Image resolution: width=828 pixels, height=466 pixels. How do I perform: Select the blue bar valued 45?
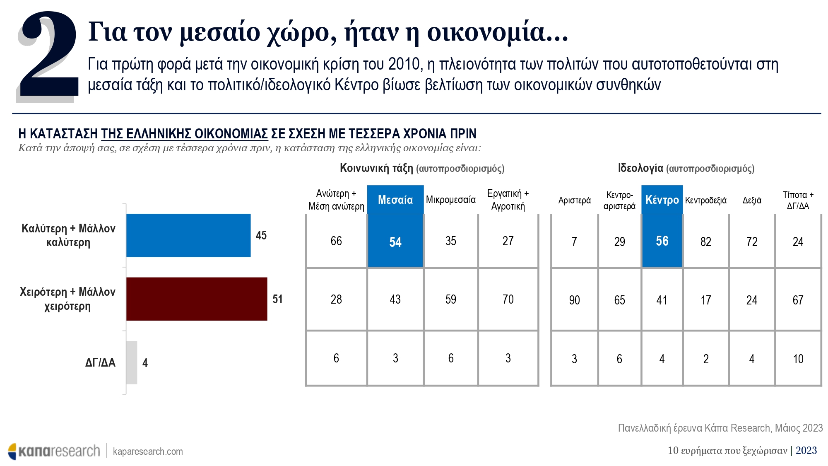pyautogui.click(x=188, y=235)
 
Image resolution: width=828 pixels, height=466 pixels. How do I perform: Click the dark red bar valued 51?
pyautogui.click(x=196, y=299)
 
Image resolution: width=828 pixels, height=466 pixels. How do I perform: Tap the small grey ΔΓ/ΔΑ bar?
pyautogui.click(x=132, y=362)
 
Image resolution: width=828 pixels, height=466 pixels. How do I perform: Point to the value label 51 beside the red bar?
pyautogui.click(x=277, y=299)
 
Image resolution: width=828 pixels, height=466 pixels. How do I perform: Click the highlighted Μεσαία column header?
pyautogui.click(x=395, y=200)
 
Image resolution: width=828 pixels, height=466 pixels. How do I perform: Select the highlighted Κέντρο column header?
pyautogui.click(x=662, y=200)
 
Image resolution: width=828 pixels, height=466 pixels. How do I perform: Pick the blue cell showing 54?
pyautogui.click(x=395, y=241)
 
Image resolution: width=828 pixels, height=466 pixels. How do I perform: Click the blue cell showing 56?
pyautogui.click(x=662, y=241)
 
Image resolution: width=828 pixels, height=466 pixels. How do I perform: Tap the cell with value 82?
pyautogui.click(x=706, y=241)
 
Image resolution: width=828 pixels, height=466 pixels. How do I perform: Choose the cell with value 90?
pyautogui.click(x=574, y=300)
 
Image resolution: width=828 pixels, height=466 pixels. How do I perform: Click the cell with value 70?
pyautogui.click(x=508, y=299)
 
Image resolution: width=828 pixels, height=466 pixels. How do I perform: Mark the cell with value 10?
pyautogui.click(x=798, y=359)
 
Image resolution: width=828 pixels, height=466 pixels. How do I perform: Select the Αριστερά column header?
pyautogui.click(x=574, y=200)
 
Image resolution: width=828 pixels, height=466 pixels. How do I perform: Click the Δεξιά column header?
pyautogui.click(x=752, y=200)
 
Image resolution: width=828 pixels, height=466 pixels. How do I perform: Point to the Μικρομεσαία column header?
pyautogui.click(x=451, y=200)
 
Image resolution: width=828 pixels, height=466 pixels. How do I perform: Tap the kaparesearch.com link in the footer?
pyautogui.click(x=148, y=451)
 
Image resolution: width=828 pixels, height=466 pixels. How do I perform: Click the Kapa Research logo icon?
pyautogui.click(x=12, y=451)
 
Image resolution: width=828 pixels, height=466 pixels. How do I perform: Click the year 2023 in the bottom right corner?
pyautogui.click(x=806, y=450)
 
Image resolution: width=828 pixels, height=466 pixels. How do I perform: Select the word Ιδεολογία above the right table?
pyautogui.click(x=640, y=168)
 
